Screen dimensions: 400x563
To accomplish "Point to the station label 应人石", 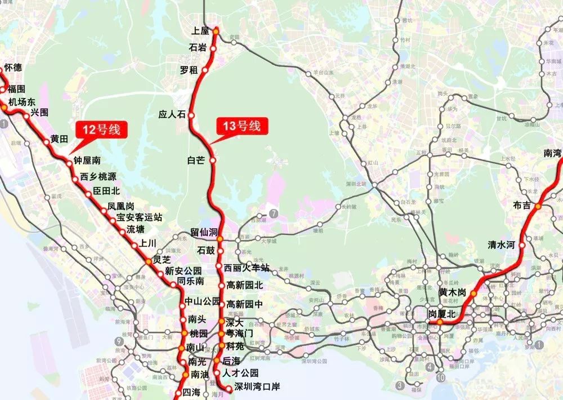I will (x=172, y=114).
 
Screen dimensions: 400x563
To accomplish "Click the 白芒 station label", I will (x=196, y=161).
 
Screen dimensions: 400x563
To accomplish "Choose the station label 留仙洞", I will (x=203, y=232).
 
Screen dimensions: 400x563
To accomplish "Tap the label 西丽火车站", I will (x=247, y=268).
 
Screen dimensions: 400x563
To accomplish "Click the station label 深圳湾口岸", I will (x=257, y=387).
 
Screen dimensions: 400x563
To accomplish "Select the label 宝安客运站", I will (x=139, y=217).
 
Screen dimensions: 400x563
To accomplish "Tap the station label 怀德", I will (x=13, y=68).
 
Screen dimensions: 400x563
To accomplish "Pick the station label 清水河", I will (x=502, y=245).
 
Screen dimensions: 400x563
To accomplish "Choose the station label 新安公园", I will (x=183, y=271).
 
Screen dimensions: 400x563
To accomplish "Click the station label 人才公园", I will (x=240, y=373).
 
